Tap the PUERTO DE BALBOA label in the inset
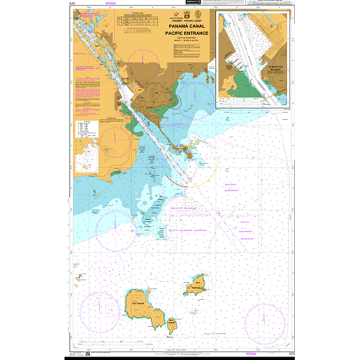tap(276, 69)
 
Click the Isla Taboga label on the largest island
tap(140, 300)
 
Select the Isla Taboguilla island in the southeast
tap(197, 286)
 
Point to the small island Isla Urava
tap(171, 323)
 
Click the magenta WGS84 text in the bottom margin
tap(251, 354)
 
